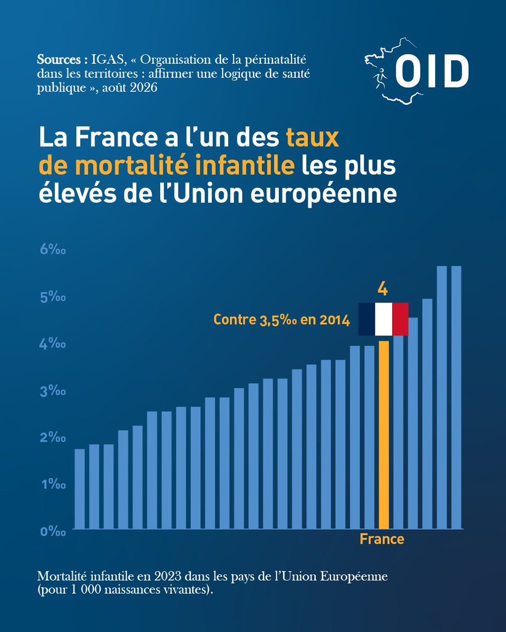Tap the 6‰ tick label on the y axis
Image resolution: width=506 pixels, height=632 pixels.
(x=53, y=250)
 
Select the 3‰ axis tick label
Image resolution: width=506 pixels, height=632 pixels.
(x=53, y=391)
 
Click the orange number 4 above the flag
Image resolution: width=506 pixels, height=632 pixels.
(x=383, y=289)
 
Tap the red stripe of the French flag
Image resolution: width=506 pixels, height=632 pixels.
(x=400, y=319)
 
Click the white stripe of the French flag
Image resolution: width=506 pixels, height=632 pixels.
(x=384, y=319)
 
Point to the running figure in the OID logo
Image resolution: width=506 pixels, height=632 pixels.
(x=380, y=78)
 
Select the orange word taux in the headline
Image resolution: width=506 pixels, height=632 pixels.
(x=313, y=137)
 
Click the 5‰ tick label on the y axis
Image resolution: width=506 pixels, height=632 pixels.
(x=53, y=297)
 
